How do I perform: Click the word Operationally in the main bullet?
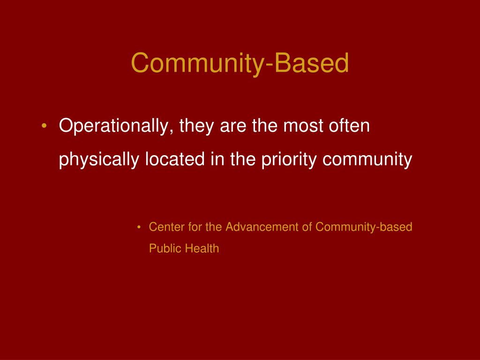114,127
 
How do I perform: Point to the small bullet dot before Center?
140,228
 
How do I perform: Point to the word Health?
202,248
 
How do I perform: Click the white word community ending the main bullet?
367,160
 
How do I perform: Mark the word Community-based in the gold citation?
364,227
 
